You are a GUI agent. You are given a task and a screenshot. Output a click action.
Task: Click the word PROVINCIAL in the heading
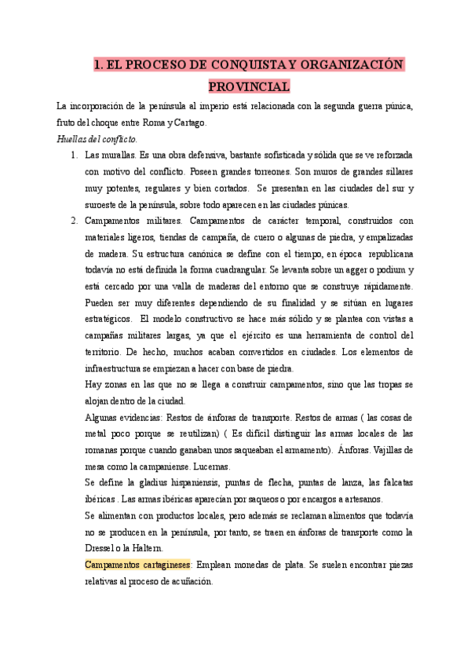[x=249, y=86]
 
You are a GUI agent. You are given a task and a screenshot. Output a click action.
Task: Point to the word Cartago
[x=189, y=123]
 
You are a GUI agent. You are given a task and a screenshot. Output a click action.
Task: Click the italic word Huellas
[x=75, y=139]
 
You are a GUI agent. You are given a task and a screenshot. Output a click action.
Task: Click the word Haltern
[x=148, y=547]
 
